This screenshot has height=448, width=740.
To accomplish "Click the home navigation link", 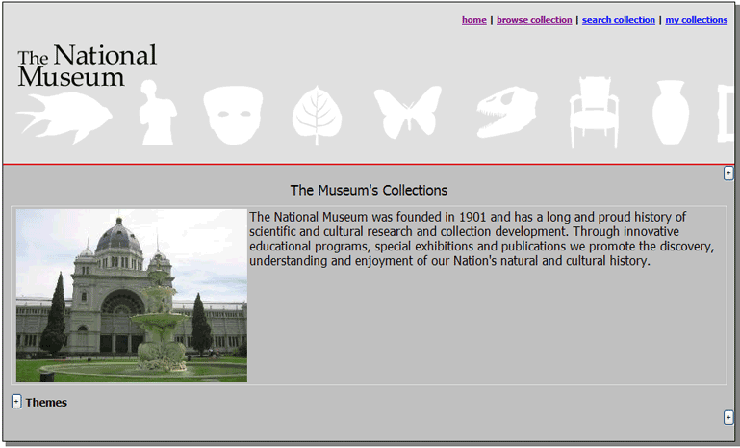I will tap(473, 20).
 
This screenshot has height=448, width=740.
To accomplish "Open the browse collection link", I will tap(534, 20).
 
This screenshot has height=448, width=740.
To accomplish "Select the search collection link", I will tap(618, 20).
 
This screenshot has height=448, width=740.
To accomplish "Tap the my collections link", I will tap(696, 20).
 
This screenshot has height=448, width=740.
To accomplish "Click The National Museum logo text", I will tap(87, 66).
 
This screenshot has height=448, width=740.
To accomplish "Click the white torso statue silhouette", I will tap(156, 114).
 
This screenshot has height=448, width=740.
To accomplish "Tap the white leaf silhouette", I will tap(317, 115).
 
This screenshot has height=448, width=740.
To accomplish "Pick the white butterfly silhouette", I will tap(407, 111).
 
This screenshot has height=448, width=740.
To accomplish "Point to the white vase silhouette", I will tap(670, 112).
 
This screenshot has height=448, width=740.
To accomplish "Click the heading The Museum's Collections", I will tap(369, 190).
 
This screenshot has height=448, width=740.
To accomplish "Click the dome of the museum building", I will tap(118, 236).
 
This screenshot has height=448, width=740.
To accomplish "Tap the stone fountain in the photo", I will tap(161, 333).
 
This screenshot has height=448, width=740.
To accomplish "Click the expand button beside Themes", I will tap(16, 402).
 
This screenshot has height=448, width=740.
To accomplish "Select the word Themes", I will tap(46, 403).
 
